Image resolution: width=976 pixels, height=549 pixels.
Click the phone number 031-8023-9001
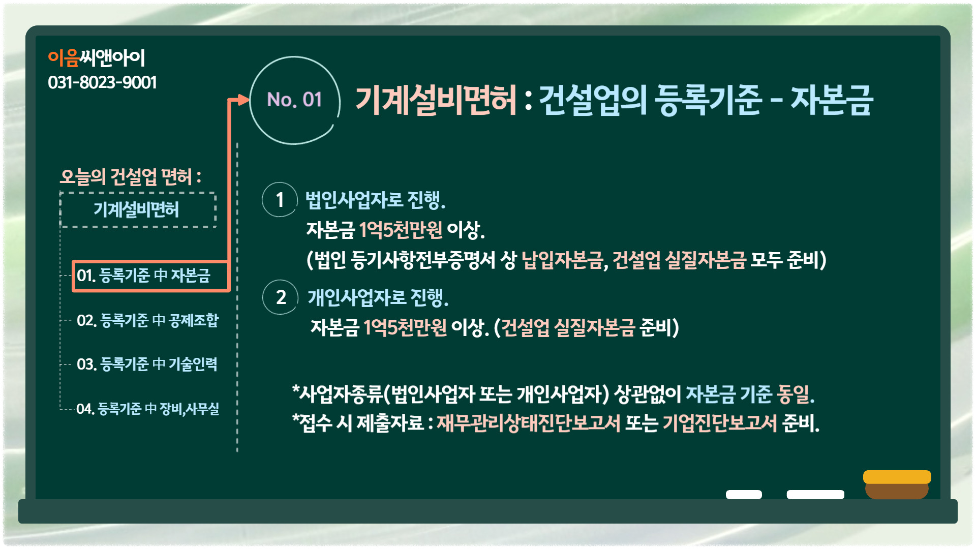pyautogui.click(x=102, y=82)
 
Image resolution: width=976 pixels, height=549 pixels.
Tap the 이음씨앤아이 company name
pyautogui.click(x=97, y=58)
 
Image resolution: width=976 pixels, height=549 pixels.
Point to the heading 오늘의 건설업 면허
pyautogui.click(x=131, y=177)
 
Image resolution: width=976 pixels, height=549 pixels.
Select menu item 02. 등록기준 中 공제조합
pyautogui.click(x=147, y=320)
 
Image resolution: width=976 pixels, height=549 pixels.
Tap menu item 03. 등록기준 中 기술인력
pyautogui.click(x=147, y=364)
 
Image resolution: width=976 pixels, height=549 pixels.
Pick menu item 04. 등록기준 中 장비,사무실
pyautogui.click(x=147, y=409)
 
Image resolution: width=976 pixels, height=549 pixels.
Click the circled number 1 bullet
pyautogui.click(x=280, y=200)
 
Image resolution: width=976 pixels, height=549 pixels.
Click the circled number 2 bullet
pyautogui.click(x=280, y=297)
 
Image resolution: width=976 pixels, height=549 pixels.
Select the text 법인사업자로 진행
pyautogui.click(x=375, y=200)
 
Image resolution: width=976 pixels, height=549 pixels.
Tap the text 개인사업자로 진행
pyautogui.click(x=378, y=297)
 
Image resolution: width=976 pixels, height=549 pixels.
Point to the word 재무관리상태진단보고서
pyautogui.click(x=529, y=423)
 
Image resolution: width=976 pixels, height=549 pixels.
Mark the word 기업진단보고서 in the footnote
pyautogui.click(x=720, y=423)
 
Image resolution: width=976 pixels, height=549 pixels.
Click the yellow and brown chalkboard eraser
pyautogui.click(x=897, y=484)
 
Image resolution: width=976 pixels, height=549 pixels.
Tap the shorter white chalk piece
pyautogui.click(x=744, y=495)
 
